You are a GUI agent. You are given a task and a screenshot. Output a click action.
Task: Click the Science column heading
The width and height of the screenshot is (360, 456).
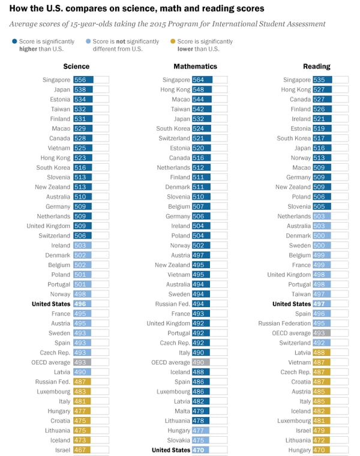coord(76,67)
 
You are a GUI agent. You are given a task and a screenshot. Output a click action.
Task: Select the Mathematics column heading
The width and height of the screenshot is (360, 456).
coord(195,67)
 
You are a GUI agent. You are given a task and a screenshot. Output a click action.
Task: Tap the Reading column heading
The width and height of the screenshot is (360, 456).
coord(315,67)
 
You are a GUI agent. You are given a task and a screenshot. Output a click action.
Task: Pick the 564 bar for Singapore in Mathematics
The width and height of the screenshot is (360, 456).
coord(202,80)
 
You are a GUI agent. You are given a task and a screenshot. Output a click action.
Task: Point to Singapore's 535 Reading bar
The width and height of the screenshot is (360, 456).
coord(322,80)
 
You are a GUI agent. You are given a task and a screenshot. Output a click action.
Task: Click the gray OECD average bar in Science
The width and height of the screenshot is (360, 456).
coord(82,362)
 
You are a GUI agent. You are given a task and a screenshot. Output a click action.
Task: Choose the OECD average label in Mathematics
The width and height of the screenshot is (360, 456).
coord(170,362)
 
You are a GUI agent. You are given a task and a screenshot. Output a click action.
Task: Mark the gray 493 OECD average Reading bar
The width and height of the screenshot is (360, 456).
coord(322,333)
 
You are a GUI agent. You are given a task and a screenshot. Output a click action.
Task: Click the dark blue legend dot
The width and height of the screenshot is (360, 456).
coord(14,41)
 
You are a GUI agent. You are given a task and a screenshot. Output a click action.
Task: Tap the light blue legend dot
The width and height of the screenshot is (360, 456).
coord(89,41)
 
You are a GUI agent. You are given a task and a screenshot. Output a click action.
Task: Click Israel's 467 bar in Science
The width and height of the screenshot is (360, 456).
coord(82,450)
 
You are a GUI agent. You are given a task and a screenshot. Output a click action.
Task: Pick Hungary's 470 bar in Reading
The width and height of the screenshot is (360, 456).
coord(322,450)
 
